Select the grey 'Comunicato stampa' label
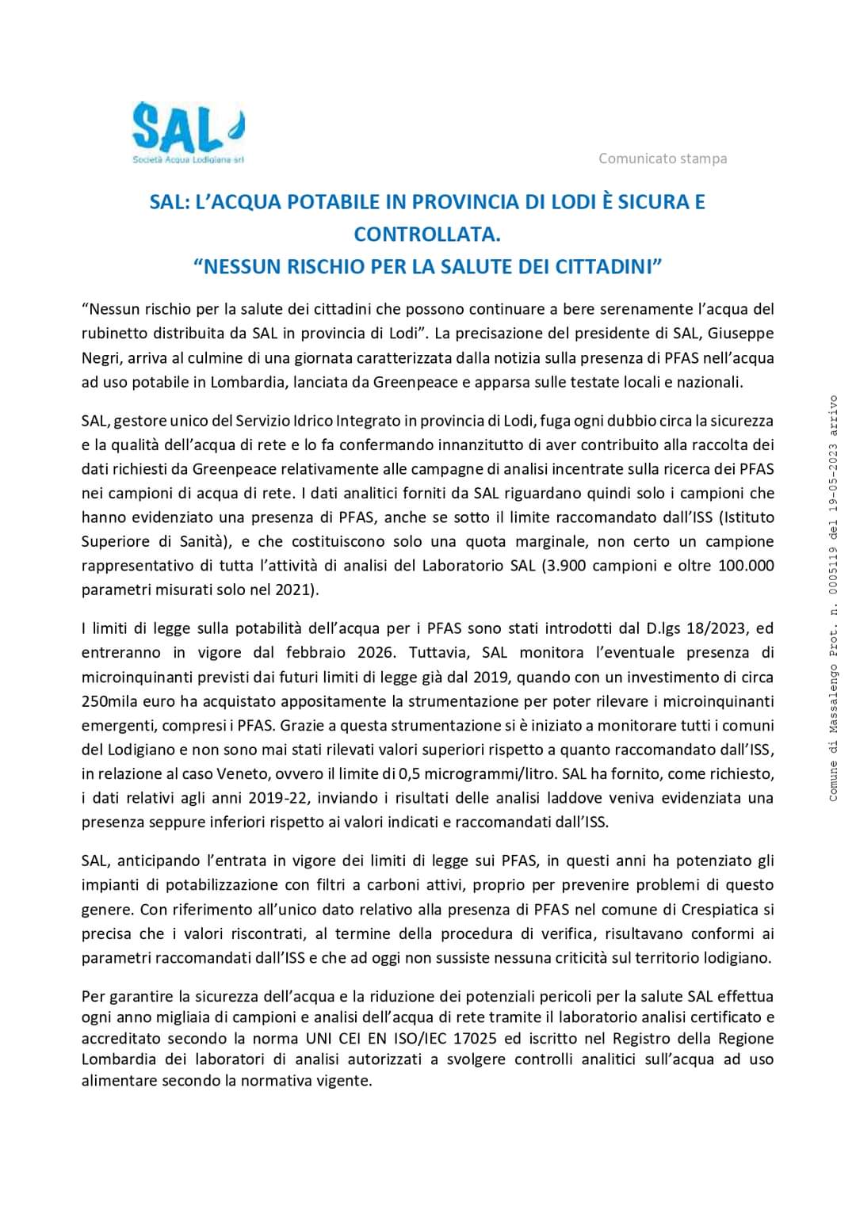[663, 158]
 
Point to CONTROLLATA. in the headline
[427, 235]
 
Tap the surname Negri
[101, 357]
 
